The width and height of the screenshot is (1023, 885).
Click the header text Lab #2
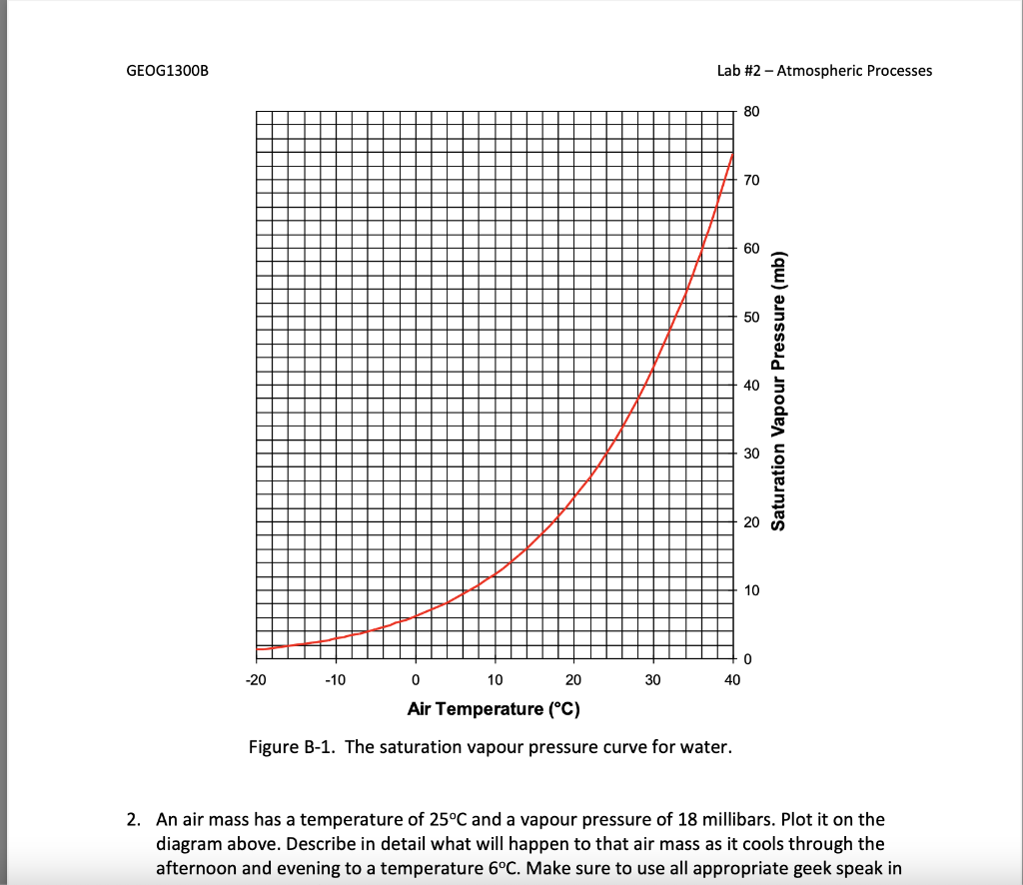740,71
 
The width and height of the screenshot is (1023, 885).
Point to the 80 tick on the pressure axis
753,111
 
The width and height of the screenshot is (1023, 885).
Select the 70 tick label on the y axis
753,180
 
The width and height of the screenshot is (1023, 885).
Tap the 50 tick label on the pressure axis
753,317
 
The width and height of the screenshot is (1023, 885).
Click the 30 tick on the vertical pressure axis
753,453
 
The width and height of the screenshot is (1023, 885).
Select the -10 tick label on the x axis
337,680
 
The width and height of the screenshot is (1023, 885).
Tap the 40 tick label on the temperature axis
732,680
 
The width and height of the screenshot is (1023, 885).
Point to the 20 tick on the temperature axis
573,680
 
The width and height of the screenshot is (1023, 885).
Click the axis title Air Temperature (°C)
494,709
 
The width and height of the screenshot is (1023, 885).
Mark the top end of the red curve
733,153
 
